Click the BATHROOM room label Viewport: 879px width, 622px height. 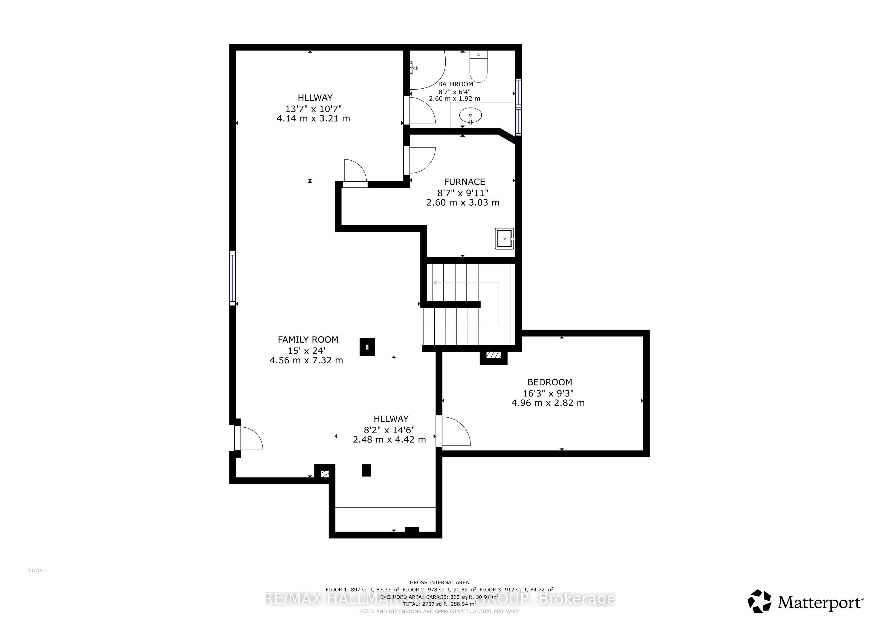click(x=455, y=84)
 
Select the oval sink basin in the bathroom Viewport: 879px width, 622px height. click(x=470, y=114)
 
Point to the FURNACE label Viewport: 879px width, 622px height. click(x=464, y=182)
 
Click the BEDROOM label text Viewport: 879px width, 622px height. click(x=549, y=382)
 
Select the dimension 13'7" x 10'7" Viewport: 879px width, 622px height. click(x=313, y=108)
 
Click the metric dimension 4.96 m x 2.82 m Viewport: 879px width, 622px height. click(x=548, y=403)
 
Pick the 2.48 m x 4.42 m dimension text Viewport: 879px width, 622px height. click(x=389, y=440)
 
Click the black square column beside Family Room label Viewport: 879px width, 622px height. click(x=367, y=347)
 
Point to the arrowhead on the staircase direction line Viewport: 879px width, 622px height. click(x=435, y=283)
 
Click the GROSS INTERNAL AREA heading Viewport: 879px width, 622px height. click(x=439, y=583)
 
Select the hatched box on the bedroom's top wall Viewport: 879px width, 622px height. click(x=494, y=355)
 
